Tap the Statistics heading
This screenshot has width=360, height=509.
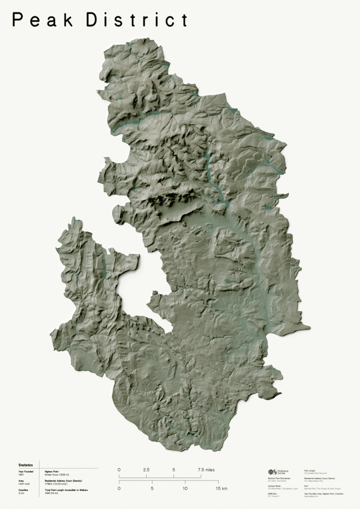26,465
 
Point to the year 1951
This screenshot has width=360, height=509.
21,474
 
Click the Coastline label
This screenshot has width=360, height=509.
23,489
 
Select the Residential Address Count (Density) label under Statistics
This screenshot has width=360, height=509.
64,480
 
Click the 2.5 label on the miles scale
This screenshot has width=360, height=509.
146,470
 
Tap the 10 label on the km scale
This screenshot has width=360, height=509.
185,488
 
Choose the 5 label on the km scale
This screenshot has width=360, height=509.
152,488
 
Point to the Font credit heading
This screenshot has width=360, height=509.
306,486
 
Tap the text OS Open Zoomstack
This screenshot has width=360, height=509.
277,481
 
